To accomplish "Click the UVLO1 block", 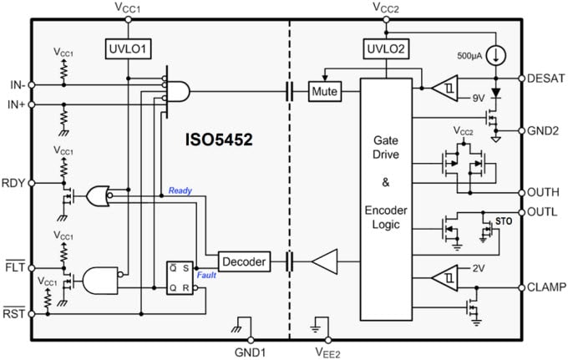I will [x=128, y=48].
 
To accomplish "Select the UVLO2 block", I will [x=385, y=48].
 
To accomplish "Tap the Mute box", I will [x=324, y=90].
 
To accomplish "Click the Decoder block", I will [x=243, y=262].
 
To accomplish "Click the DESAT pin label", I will [x=546, y=79].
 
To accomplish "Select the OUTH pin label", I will [x=545, y=191].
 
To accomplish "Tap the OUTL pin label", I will [x=544, y=212].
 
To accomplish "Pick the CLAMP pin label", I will [x=546, y=287].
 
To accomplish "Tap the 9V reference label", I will [x=479, y=98].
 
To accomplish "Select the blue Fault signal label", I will [x=208, y=275].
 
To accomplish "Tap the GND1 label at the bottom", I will [x=251, y=352].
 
